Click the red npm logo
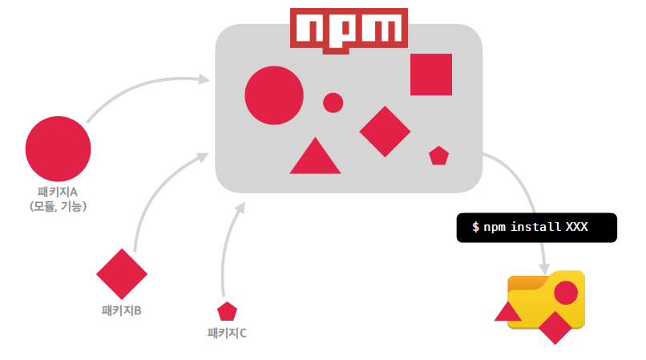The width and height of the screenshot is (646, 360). [348, 30]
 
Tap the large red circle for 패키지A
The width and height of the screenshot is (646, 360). [58, 148]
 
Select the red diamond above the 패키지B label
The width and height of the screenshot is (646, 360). [122, 274]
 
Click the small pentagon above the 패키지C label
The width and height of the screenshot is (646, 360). [227, 311]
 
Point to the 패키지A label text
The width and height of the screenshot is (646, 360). [58, 192]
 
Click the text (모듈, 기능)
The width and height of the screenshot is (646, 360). [58, 206]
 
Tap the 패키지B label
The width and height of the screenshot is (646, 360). [122, 310]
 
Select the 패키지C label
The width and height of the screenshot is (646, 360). [227, 332]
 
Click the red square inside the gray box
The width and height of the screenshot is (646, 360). [431, 75]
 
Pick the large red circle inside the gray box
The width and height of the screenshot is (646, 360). [274, 96]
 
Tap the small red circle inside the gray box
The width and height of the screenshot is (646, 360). [333, 103]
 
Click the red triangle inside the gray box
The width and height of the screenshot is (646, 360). [315, 158]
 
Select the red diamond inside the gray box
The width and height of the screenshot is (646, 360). [385, 131]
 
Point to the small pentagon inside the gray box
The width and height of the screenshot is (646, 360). [438, 156]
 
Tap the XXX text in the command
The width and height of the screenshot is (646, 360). [577, 228]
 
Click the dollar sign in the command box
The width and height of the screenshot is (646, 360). [475, 228]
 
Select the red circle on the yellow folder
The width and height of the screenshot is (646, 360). [566, 293]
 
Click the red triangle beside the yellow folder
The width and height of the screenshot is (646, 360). [507, 313]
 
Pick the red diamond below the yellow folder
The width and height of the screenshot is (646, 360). [555, 327]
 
